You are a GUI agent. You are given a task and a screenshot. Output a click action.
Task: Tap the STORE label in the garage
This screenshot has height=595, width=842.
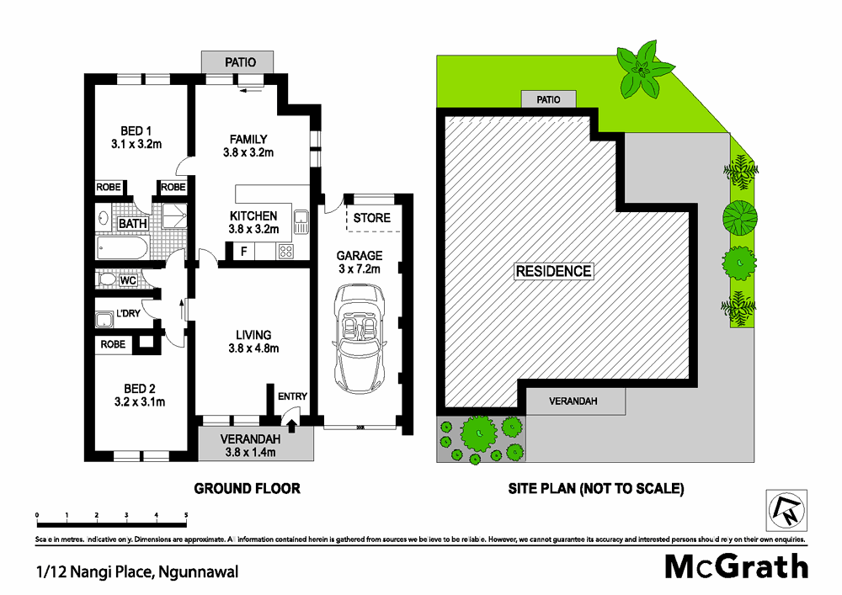tap(371, 218)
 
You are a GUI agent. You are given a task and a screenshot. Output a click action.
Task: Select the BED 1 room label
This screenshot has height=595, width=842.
tap(136, 131)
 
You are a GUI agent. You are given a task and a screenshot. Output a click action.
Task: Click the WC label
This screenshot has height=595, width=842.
tap(128, 279)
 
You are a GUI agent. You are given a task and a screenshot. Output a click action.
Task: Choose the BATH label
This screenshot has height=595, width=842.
tap(132, 224)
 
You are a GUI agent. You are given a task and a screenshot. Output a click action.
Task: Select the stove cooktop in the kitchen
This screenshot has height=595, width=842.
tap(285, 251)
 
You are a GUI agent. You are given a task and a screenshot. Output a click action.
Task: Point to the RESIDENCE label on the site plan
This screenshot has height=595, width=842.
tap(554, 271)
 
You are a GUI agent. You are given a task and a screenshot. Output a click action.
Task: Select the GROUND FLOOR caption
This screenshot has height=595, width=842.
tap(247, 488)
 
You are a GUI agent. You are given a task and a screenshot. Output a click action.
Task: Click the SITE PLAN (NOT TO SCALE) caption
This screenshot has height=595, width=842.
tap(596, 488)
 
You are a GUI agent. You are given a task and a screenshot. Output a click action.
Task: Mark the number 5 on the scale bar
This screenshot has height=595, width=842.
tap(185, 514)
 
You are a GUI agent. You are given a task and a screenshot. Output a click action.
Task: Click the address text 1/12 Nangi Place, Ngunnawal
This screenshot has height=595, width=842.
tap(137, 572)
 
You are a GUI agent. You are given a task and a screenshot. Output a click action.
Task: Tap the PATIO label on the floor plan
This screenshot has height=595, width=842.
tap(239, 62)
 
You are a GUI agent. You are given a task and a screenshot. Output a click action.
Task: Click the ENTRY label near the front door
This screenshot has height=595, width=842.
tap(291, 396)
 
